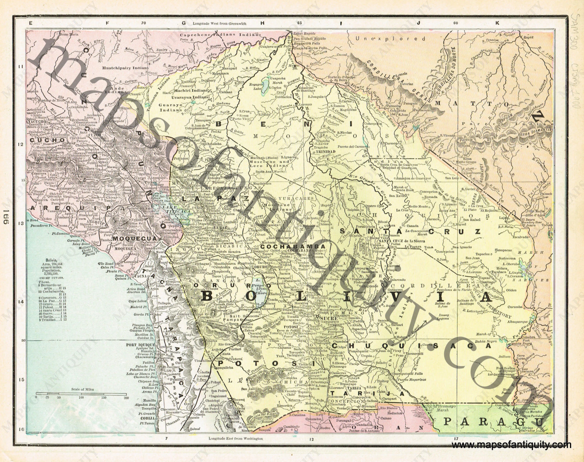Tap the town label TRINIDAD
coord(325,152)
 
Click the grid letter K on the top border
coord(497,23)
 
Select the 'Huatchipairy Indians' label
coord(125,68)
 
